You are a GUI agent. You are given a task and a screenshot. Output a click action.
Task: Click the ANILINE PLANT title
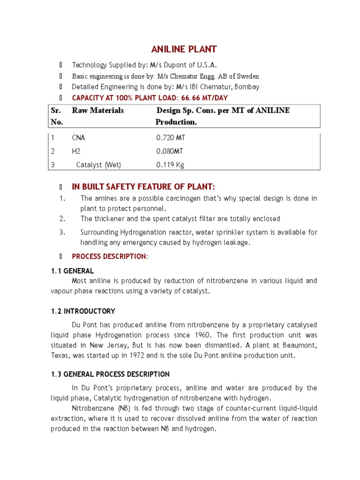(184, 49)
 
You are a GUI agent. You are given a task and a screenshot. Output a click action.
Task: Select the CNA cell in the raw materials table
(79, 138)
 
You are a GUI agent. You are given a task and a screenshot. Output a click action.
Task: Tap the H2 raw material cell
(76, 151)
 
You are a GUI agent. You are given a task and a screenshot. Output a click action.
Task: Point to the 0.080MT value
(170, 151)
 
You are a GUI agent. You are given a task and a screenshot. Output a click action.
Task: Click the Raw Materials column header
(98, 111)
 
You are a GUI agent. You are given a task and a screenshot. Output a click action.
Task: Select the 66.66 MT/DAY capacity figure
(208, 97)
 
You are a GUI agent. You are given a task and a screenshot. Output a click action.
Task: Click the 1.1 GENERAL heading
(72, 271)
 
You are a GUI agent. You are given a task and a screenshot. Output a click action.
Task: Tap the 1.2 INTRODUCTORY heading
(83, 311)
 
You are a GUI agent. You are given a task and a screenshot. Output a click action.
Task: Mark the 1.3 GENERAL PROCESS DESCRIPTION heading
(110, 375)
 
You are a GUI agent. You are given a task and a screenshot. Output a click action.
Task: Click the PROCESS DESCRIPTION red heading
(110, 256)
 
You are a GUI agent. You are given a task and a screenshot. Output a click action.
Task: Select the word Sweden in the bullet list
(248, 76)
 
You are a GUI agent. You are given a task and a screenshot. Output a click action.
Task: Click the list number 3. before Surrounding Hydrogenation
(62, 232)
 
